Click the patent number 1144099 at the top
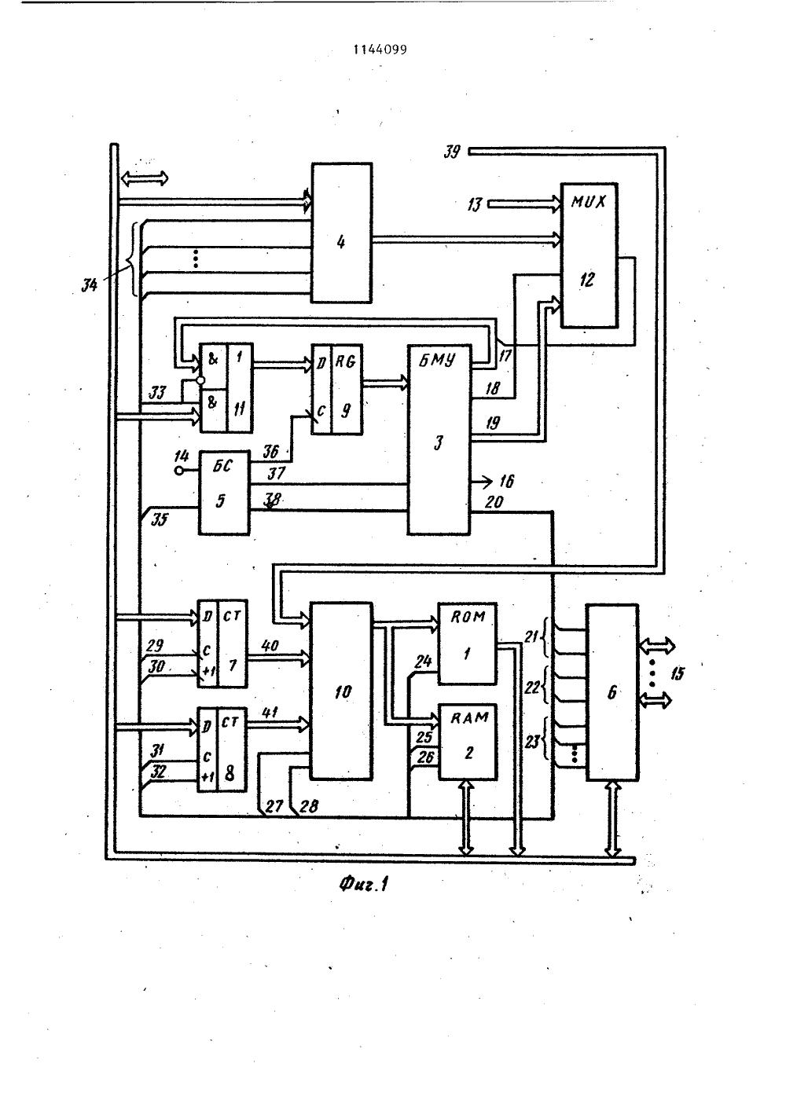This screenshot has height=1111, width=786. click(x=380, y=49)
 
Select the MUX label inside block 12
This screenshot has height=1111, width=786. click(x=588, y=202)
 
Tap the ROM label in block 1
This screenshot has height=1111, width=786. click(x=468, y=617)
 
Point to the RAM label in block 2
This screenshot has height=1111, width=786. click(x=469, y=717)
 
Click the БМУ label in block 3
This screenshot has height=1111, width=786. click(x=437, y=360)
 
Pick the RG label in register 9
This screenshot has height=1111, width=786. click(x=345, y=361)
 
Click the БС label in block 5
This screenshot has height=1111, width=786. click(x=222, y=466)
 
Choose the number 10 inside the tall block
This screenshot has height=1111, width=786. click(x=343, y=692)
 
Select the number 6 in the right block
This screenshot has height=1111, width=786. click(x=612, y=692)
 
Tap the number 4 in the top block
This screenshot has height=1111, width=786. click(x=341, y=242)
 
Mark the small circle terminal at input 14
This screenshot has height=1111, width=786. click(x=179, y=471)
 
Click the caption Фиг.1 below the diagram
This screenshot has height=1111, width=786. click(x=364, y=884)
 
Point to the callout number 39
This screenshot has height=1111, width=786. click(x=451, y=152)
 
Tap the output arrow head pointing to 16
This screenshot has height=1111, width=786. click(x=488, y=481)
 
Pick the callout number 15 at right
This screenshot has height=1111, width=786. click(x=677, y=673)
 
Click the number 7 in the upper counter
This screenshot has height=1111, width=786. click(x=233, y=665)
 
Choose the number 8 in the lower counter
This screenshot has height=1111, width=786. click(x=230, y=773)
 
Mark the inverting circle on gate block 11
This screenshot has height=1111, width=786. click(x=200, y=380)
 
